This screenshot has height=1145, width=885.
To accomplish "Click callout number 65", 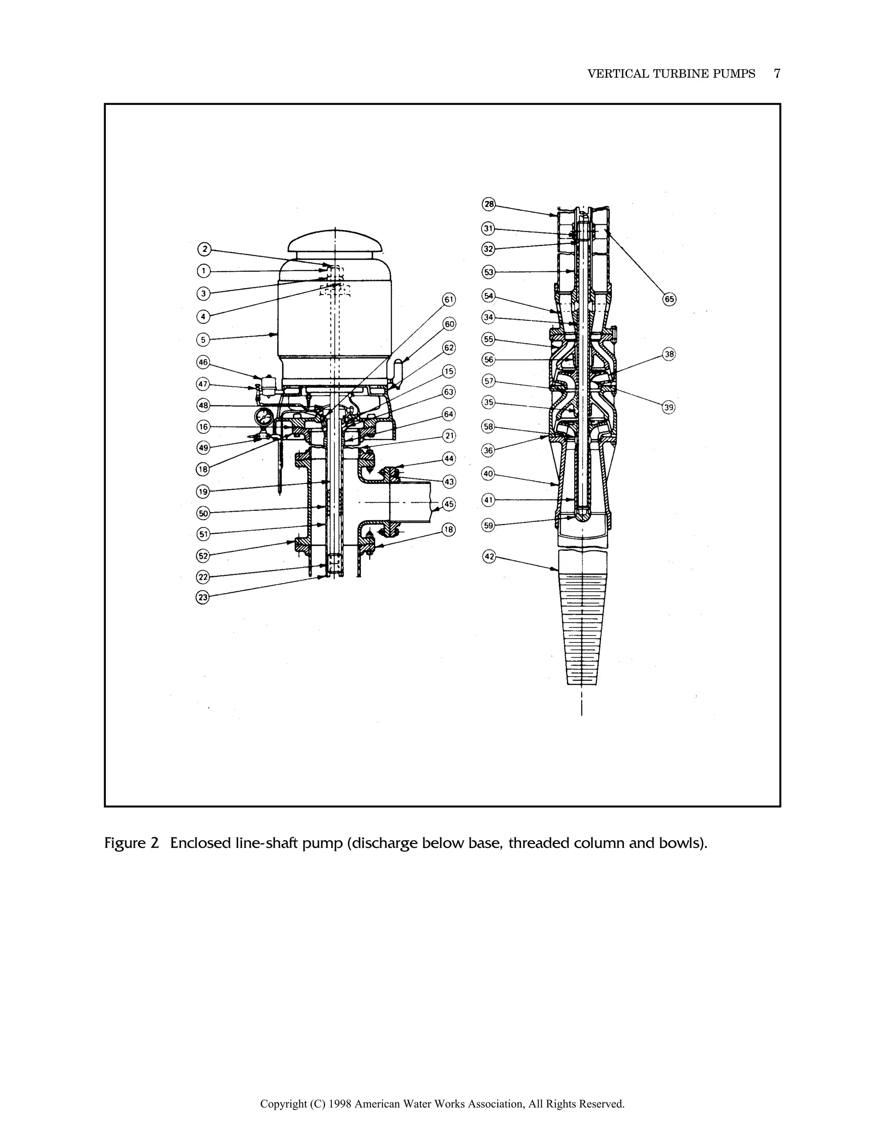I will (x=669, y=299).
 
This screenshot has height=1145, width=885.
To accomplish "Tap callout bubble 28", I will (x=489, y=204).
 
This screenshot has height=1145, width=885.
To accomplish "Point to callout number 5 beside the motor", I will (x=203, y=340).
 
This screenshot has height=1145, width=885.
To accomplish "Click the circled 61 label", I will (x=449, y=300).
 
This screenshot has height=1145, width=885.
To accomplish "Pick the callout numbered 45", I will (x=449, y=504).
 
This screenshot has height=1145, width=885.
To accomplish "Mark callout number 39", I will (x=669, y=407).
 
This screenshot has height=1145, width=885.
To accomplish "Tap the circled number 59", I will (x=489, y=525).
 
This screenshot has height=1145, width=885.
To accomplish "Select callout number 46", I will (x=203, y=362).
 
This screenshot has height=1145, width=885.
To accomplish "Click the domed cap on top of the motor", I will (x=335, y=244).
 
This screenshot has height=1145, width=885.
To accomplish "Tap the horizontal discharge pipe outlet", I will (x=414, y=502).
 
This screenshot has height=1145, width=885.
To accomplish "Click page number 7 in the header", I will (x=777, y=74).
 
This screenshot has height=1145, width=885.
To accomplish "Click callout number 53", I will (x=489, y=272).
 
